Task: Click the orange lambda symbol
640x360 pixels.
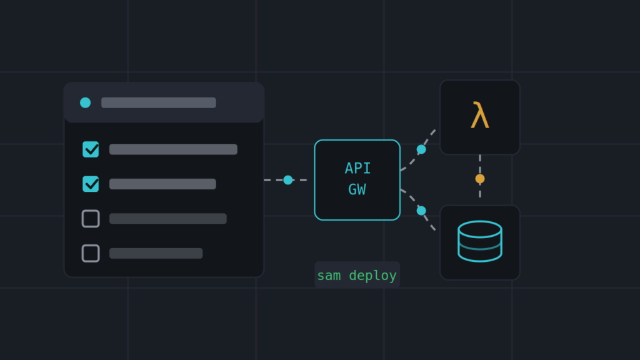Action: [479, 116]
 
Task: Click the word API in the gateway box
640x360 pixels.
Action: [357, 168]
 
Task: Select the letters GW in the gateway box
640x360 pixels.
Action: [357, 189]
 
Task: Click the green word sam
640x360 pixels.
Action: [329, 276]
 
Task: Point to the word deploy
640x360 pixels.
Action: [372, 276]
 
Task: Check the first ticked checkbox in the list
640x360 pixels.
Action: [91, 149]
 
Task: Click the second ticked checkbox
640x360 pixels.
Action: [91, 184]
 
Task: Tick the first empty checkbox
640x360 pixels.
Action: [91, 219]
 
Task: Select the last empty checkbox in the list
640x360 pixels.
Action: [91, 254]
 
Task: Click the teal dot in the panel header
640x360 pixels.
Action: [85, 102]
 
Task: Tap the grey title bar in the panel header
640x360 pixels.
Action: [159, 102]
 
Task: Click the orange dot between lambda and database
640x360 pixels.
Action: [480, 179]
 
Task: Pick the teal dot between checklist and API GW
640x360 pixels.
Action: [288, 180]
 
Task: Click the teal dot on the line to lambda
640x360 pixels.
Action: [421, 149]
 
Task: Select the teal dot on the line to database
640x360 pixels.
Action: [421, 211]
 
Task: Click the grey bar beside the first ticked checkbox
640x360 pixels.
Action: [174, 149]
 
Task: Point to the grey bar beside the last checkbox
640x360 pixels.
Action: [156, 254]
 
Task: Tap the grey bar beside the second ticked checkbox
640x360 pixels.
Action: [162, 184]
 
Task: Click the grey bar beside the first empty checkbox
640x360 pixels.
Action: [167, 219]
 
